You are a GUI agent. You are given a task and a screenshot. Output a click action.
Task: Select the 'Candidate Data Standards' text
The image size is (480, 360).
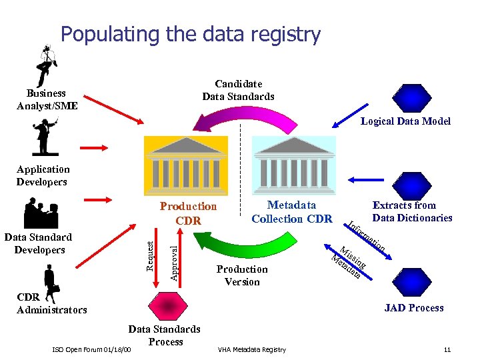[x=238, y=90]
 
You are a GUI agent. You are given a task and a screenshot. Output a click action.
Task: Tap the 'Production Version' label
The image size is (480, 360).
[x=242, y=275]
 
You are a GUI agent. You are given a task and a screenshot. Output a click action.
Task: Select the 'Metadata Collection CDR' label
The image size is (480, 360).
[x=291, y=212]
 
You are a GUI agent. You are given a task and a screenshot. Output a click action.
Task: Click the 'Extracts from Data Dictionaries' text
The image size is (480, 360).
[x=412, y=211]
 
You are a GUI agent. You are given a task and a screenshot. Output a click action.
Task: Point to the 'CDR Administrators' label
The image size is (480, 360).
[x=51, y=303]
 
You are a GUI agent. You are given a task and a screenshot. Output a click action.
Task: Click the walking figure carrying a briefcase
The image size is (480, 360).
[x=50, y=280]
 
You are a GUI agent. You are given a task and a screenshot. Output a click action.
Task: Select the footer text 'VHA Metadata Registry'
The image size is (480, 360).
[x=252, y=350]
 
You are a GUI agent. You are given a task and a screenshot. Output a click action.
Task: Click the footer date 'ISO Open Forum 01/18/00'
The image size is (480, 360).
[x=91, y=350]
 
